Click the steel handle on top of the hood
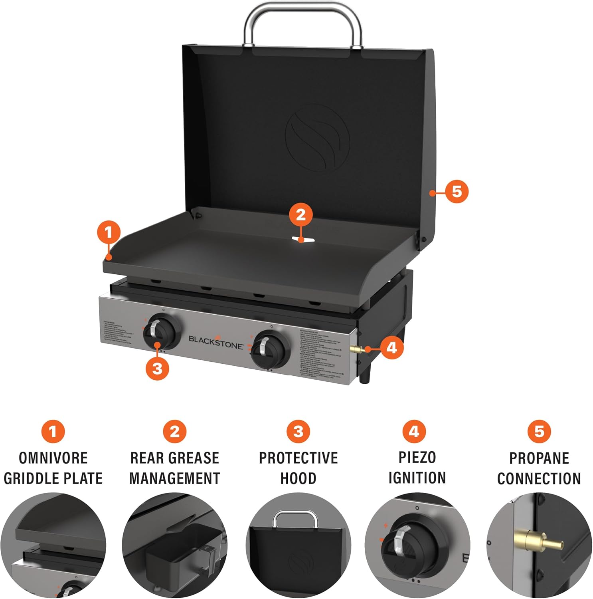303,9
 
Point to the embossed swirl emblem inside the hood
317,138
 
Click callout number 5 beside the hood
457,192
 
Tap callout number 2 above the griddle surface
301,215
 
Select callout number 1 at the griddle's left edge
109,232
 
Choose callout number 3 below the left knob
158,368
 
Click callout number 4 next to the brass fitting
391,347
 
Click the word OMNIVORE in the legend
53,458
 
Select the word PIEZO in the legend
417,457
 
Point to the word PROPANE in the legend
539,458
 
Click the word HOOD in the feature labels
298,478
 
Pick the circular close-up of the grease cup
175,546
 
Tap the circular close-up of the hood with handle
298,546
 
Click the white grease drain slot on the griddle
303,240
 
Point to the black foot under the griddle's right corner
366,376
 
